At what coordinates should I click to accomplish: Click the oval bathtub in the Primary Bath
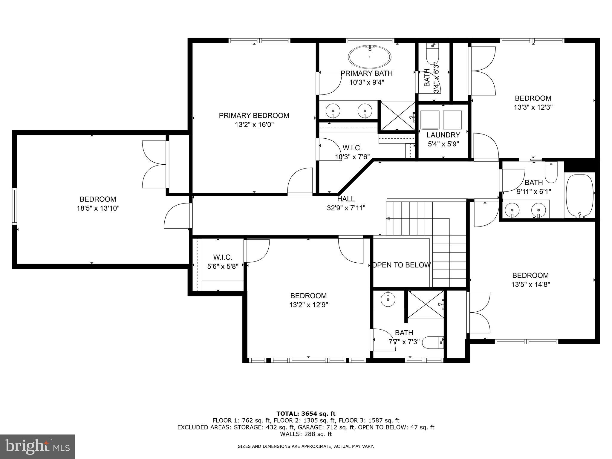click(x=370, y=57)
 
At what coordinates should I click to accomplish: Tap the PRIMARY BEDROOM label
click(x=254, y=116)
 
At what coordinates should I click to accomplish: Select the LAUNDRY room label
click(x=443, y=135)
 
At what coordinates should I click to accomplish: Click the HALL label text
click(x=346, y=199)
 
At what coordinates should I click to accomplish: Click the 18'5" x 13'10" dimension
click(x=98, y=208)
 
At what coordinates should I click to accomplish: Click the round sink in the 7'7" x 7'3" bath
click(x=388, y=299)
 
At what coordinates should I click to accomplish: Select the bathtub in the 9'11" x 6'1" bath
click(x=580, y=195)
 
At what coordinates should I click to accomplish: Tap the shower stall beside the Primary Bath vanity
click(x=397, y=116)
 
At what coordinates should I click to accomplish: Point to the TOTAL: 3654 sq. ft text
click(x=306, y=414)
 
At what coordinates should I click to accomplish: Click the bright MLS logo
click(x=37, y=446)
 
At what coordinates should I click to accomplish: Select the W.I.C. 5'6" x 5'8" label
click(x=223, y=262)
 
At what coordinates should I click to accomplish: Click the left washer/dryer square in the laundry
click(x=430, y=120)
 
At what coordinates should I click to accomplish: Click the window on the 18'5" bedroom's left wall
click(x=14, y=206)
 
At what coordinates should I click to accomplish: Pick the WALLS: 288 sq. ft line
click(x=306, y=434)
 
